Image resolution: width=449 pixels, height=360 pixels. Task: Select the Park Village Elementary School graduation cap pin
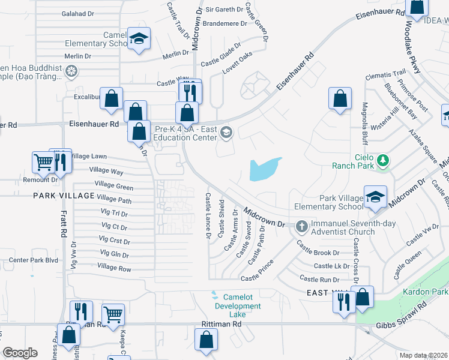(x=375, y=197)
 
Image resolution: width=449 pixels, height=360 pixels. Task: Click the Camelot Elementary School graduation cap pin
(x=139, y=40)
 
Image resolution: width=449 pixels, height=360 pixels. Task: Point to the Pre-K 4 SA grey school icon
(x=226, y=133)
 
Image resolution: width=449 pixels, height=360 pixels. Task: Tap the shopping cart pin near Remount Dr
(x=43, y=161)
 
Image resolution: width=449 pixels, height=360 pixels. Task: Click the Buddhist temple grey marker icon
(x=71, y=73)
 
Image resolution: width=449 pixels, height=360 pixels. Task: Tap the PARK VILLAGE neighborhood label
(x=64, y=196)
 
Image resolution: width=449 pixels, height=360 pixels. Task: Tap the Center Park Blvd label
(x=33, y=260)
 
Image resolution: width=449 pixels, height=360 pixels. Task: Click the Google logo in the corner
(x=20, y=353)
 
